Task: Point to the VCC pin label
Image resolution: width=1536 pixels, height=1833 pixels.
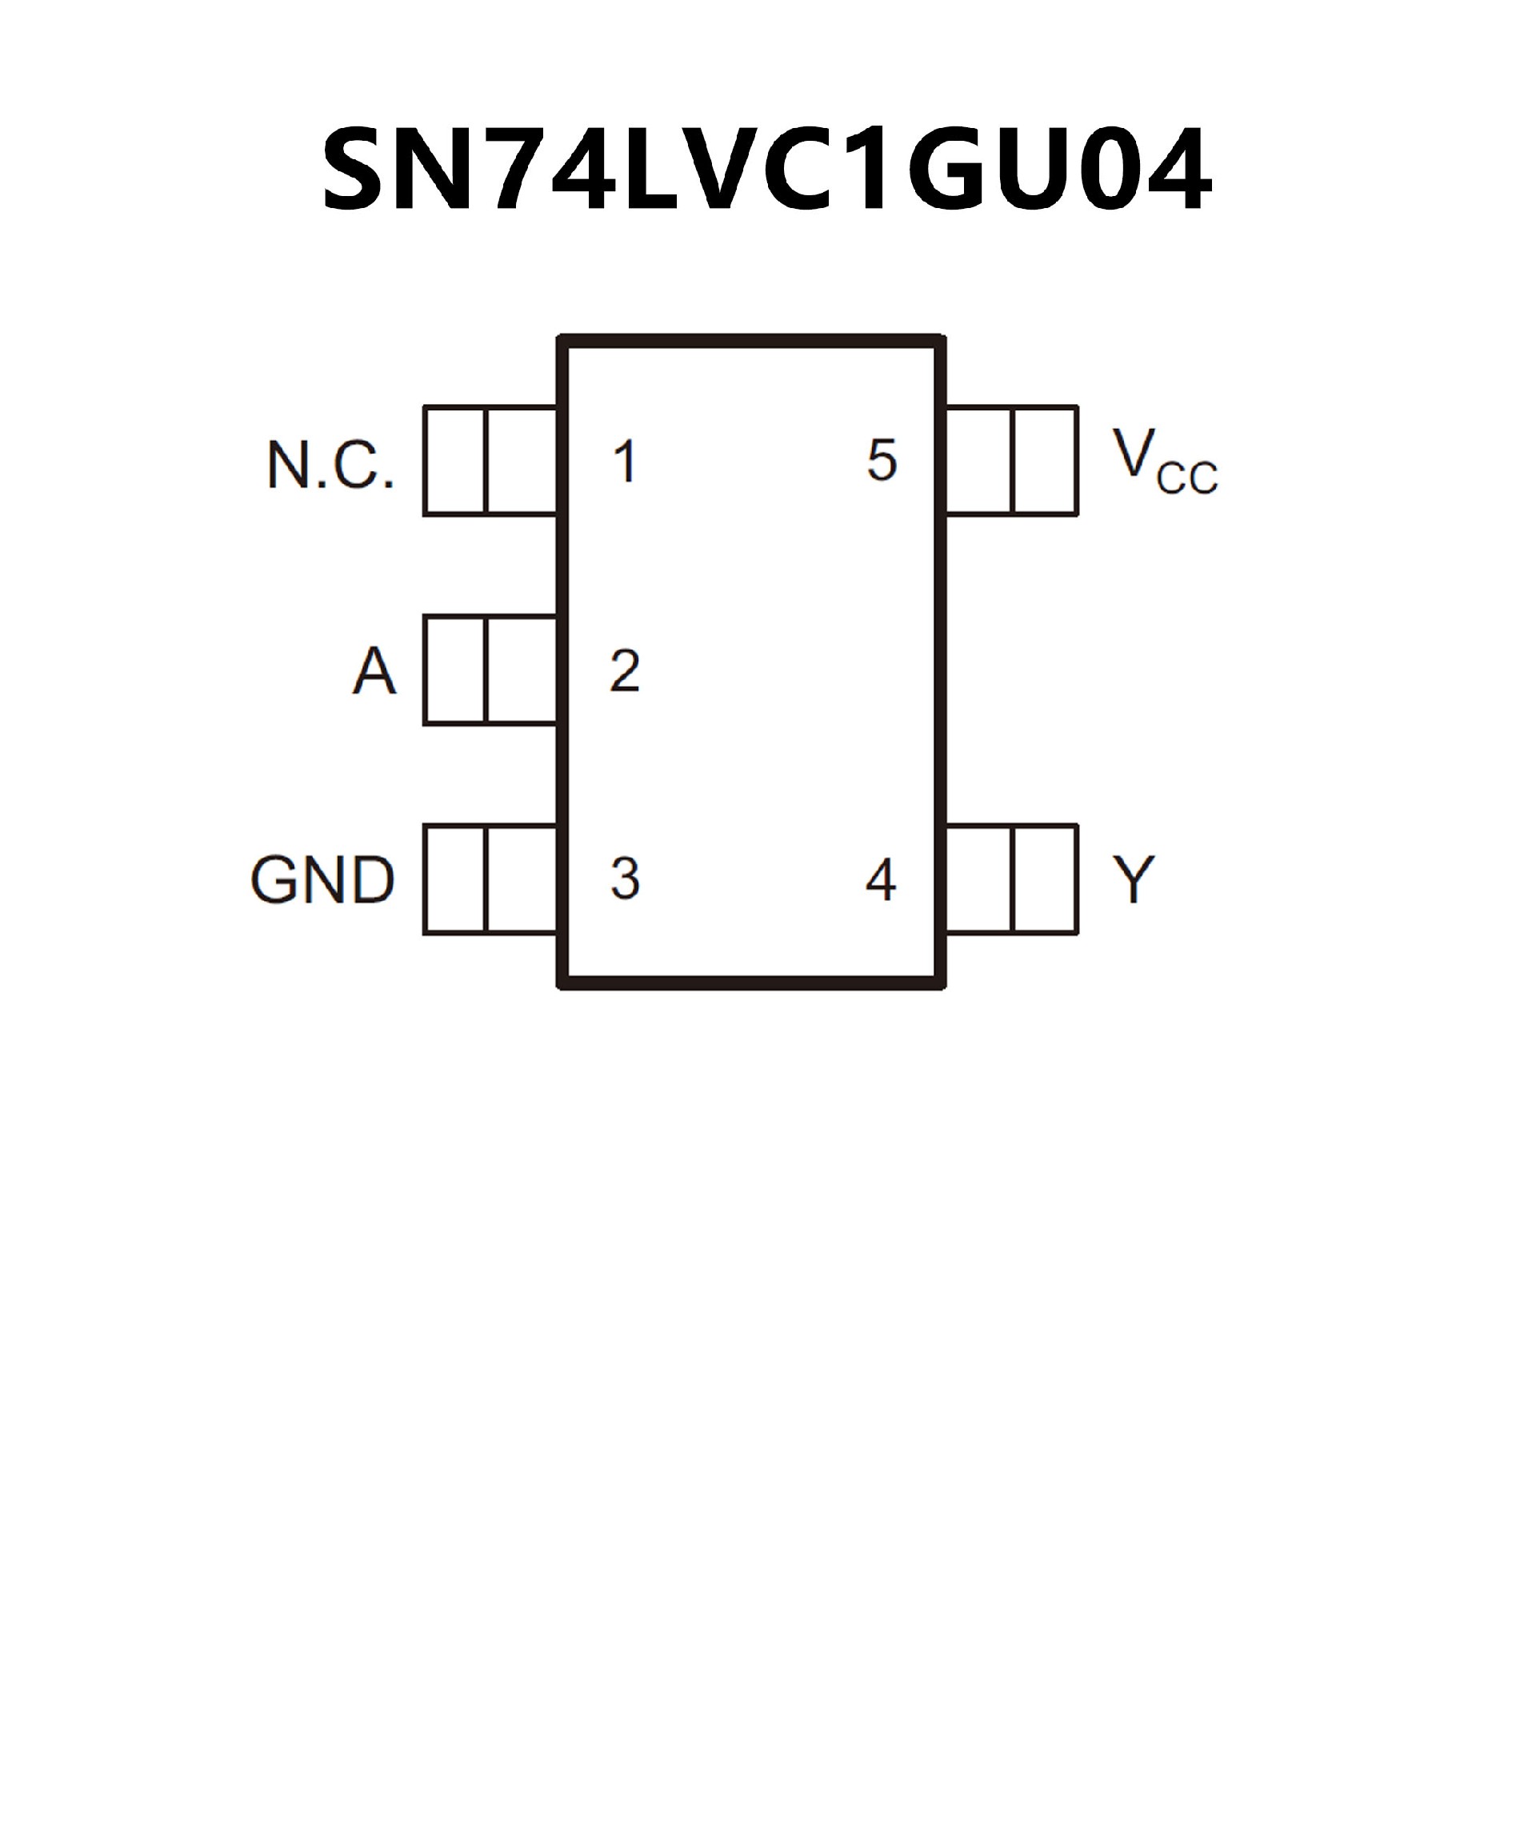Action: pos(1164,460)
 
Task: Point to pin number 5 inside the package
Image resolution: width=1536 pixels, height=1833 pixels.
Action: pos(882,460)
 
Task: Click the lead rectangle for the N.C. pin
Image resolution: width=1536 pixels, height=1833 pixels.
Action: pos(490,461)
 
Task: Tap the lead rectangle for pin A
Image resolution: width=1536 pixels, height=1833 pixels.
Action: pos(490,670)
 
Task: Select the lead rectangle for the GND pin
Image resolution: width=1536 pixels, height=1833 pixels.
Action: pos(490,879)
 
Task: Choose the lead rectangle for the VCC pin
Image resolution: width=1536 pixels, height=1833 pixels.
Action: pos(1011,461)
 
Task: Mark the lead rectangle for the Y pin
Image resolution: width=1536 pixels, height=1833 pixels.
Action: pos(1011,879)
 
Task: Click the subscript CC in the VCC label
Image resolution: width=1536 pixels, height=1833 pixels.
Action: pos(1187,479)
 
